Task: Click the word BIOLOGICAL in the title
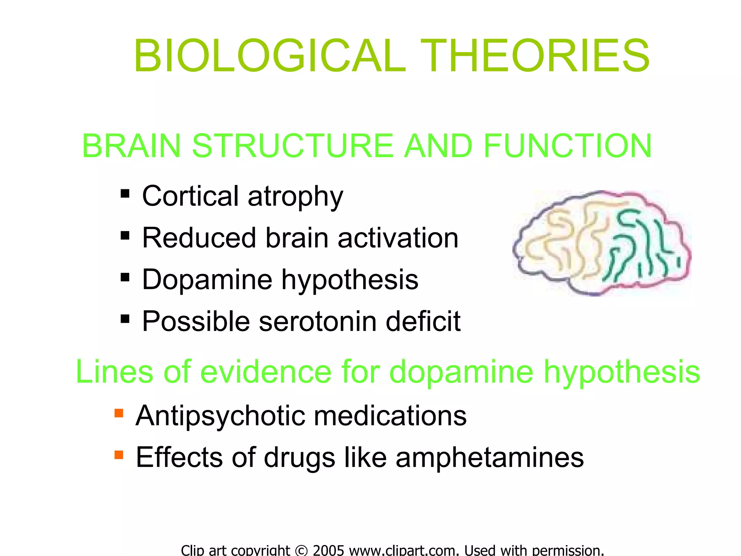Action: click(x=270, y=56)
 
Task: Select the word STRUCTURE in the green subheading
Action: click(x=292, y=146)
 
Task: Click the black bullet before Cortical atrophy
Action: click(x=125, y=194)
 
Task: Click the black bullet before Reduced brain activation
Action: click(x=125, y=236)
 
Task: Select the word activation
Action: click(x=398, y=238)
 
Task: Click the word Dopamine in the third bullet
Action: click(x=207, y=280)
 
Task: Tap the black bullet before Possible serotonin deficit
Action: click(x=125, y=319)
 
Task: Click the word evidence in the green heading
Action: click(x=266, y=372)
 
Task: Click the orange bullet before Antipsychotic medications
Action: click(x=119, y=413)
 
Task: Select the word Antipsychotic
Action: click(x=220, y=416)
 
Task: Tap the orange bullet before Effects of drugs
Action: click(x=119, y=454)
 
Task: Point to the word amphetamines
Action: click(x=490, y=458)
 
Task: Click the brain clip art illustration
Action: click(x=602, y=243)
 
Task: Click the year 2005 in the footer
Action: click(x=328, y=551)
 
